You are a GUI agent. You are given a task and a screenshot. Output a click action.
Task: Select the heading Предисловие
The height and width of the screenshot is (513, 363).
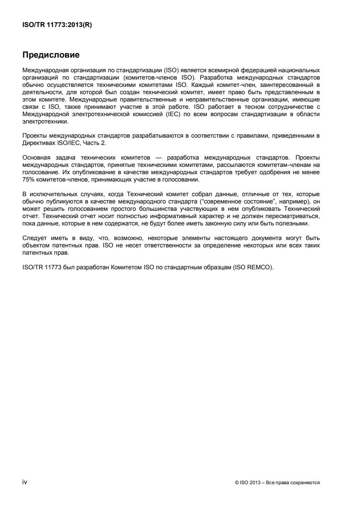pos(51,55)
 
